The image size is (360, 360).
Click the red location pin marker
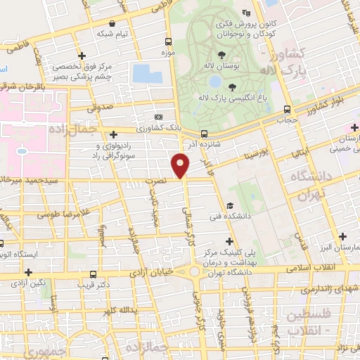tap(181, 166)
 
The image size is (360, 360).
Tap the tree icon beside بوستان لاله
tap(222, 53)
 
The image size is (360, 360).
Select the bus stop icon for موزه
tap(167, 41)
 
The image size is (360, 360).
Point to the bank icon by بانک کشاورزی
tap(159, 117)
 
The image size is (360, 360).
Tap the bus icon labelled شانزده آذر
tap(204, 133)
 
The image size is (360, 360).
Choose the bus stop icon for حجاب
tap(287, 109)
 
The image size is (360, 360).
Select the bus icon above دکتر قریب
tap(93, 274)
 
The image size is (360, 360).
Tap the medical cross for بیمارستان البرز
tap(344, 237)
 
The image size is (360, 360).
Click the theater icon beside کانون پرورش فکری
tap(245, 12)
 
